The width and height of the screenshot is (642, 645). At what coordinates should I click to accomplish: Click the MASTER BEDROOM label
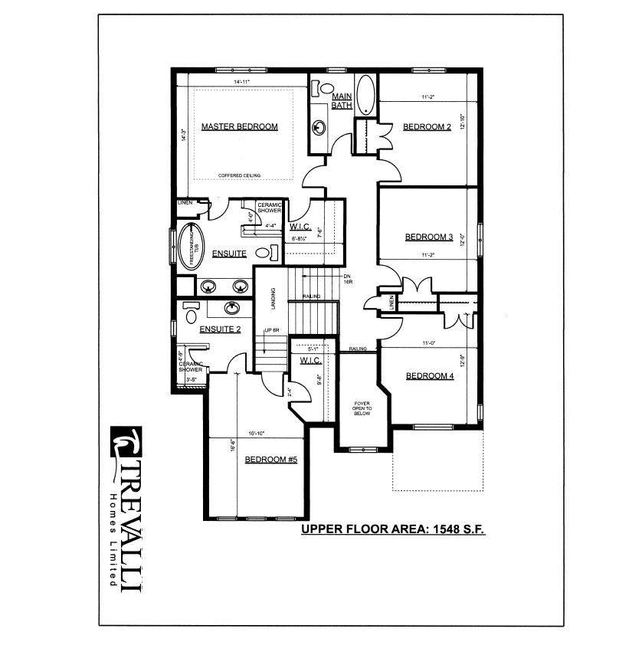(239, 126)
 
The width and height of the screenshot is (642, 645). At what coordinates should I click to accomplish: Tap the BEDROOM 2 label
(427, 126)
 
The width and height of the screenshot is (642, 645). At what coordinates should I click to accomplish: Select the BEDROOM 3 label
(429, 237)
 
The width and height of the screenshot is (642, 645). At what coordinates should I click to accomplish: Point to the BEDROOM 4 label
(430, 375)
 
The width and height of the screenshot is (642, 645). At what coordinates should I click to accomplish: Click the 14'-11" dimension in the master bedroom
(242, 81)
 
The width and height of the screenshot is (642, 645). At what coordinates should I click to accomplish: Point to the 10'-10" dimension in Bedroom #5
(257, 434)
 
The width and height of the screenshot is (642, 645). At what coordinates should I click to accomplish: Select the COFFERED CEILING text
(239, 175)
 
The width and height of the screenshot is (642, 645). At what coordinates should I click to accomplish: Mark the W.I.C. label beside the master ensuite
(300, 227)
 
